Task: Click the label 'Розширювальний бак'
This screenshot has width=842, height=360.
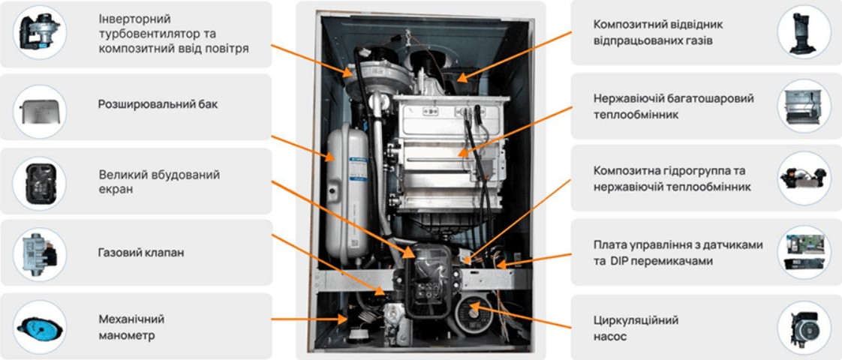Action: (x=158, y=104)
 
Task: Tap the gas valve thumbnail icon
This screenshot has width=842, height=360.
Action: (x=39, y=253)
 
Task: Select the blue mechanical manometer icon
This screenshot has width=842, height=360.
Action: (x=39, y=326)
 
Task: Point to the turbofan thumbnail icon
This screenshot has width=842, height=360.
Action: (x=39, y=31)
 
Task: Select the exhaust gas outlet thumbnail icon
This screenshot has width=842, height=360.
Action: (x=804, y=32)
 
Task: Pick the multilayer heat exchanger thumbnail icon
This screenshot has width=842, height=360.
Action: (x=804, y=108)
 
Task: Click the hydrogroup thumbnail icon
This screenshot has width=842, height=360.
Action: (x=804, y=178)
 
